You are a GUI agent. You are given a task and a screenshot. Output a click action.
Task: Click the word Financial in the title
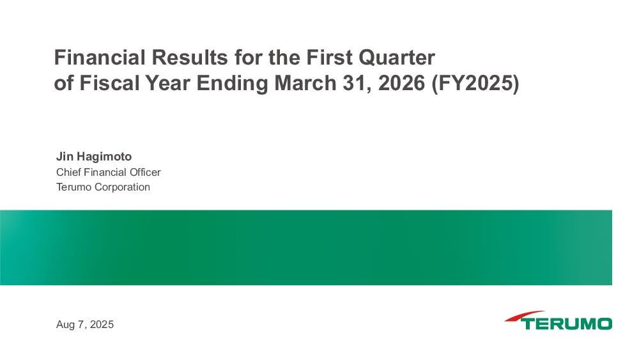point(100,57)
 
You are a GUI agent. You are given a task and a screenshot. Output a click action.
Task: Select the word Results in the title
point(190,57)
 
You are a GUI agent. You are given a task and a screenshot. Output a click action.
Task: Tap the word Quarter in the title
point(397,58)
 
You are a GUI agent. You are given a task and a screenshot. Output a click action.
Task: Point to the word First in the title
point(329,57)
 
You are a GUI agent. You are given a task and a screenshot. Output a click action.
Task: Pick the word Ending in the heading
point(232,84)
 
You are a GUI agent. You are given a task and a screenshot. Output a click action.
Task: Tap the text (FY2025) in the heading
point(475,84)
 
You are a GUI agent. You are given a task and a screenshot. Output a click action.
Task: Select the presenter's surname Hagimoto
point(104,157)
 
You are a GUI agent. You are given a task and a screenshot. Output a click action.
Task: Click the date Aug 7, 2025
point(85,325)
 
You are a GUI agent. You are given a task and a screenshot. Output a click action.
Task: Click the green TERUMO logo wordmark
point(566,324)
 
